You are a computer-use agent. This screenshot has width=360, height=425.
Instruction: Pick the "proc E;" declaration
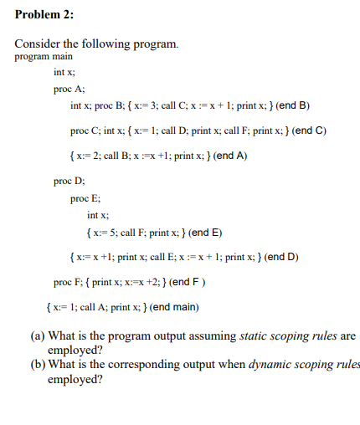pyautogui.click(x=87, y=198)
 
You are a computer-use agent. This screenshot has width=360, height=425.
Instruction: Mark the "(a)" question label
pyautogui.click(x=37, y=336)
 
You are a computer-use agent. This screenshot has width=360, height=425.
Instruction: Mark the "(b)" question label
pyautogui.click(x=37, y=366)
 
